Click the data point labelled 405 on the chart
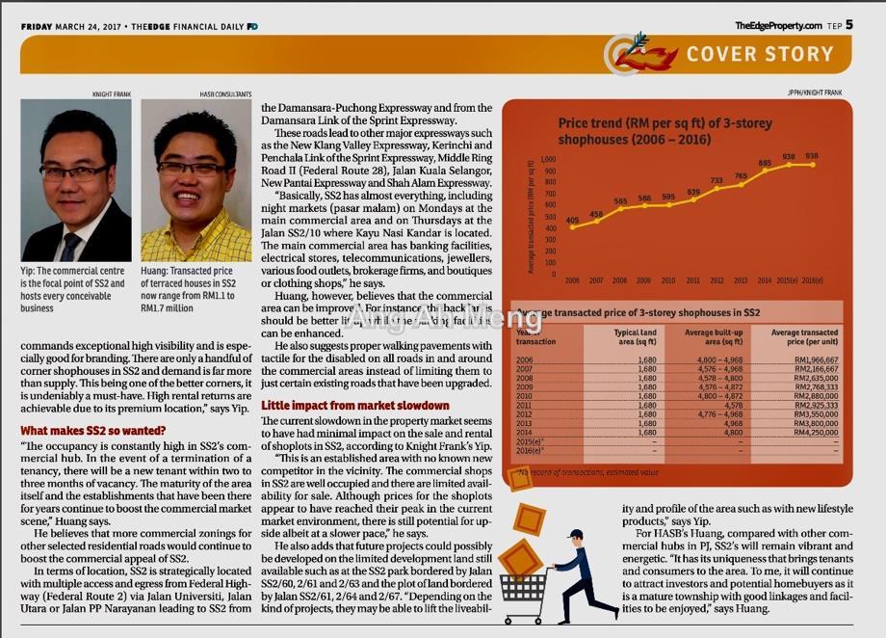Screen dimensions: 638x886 coord(572,227)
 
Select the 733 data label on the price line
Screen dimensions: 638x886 coord(717,180)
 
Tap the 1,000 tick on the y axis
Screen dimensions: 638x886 coord(549,160)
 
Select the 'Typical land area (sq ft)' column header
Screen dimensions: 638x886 coord(635,337)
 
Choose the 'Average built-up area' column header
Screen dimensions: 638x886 coord(713,337)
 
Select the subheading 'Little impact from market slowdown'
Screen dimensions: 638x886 coord(342,405)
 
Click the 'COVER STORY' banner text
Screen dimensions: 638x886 coord(759,54)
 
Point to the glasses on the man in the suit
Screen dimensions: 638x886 coord(74,173)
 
